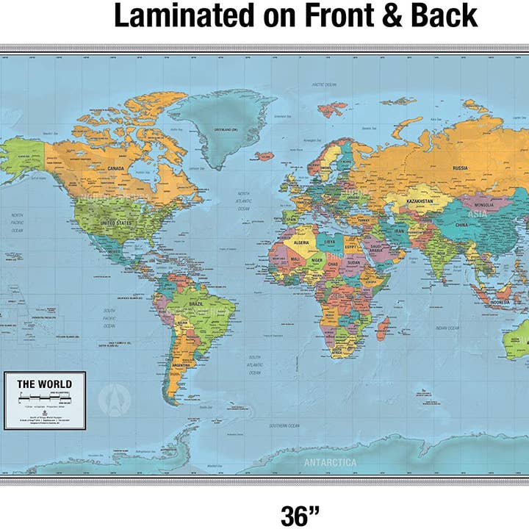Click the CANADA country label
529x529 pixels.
coord(116,168)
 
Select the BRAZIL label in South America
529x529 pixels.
coord(196,303)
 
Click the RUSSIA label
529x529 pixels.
coord(460,168)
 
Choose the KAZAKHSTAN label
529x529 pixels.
coord(420,200)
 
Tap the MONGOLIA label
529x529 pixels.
coord(483,206)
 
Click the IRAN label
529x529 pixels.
coord(399,231)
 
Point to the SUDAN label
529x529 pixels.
coord(354,262)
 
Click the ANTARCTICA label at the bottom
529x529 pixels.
coord(330,463)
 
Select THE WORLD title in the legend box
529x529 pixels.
coord(45,384)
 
